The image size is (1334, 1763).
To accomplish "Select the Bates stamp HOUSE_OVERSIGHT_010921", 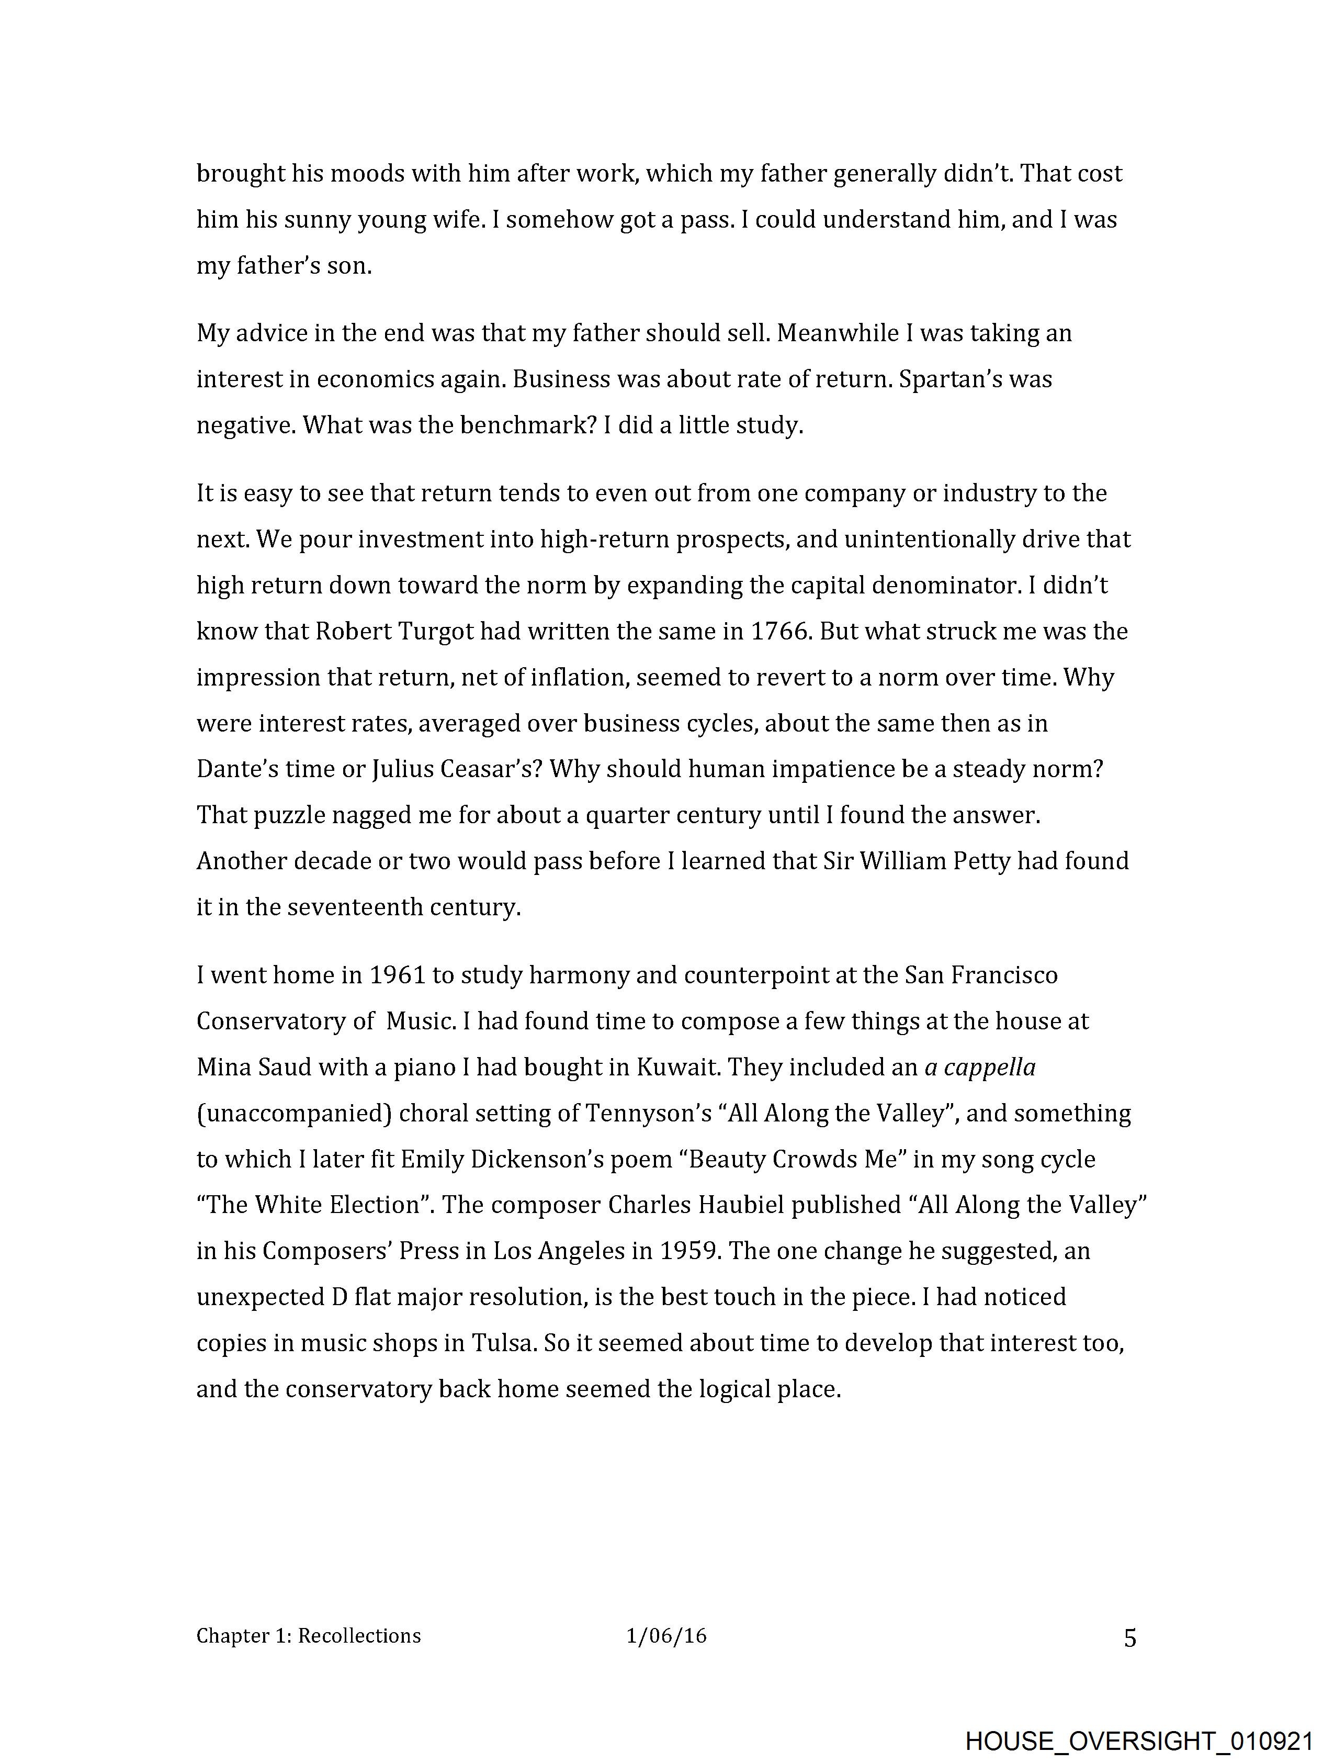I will (x=1139, y=1740).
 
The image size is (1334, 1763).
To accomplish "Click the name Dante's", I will (x=233, y=769).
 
